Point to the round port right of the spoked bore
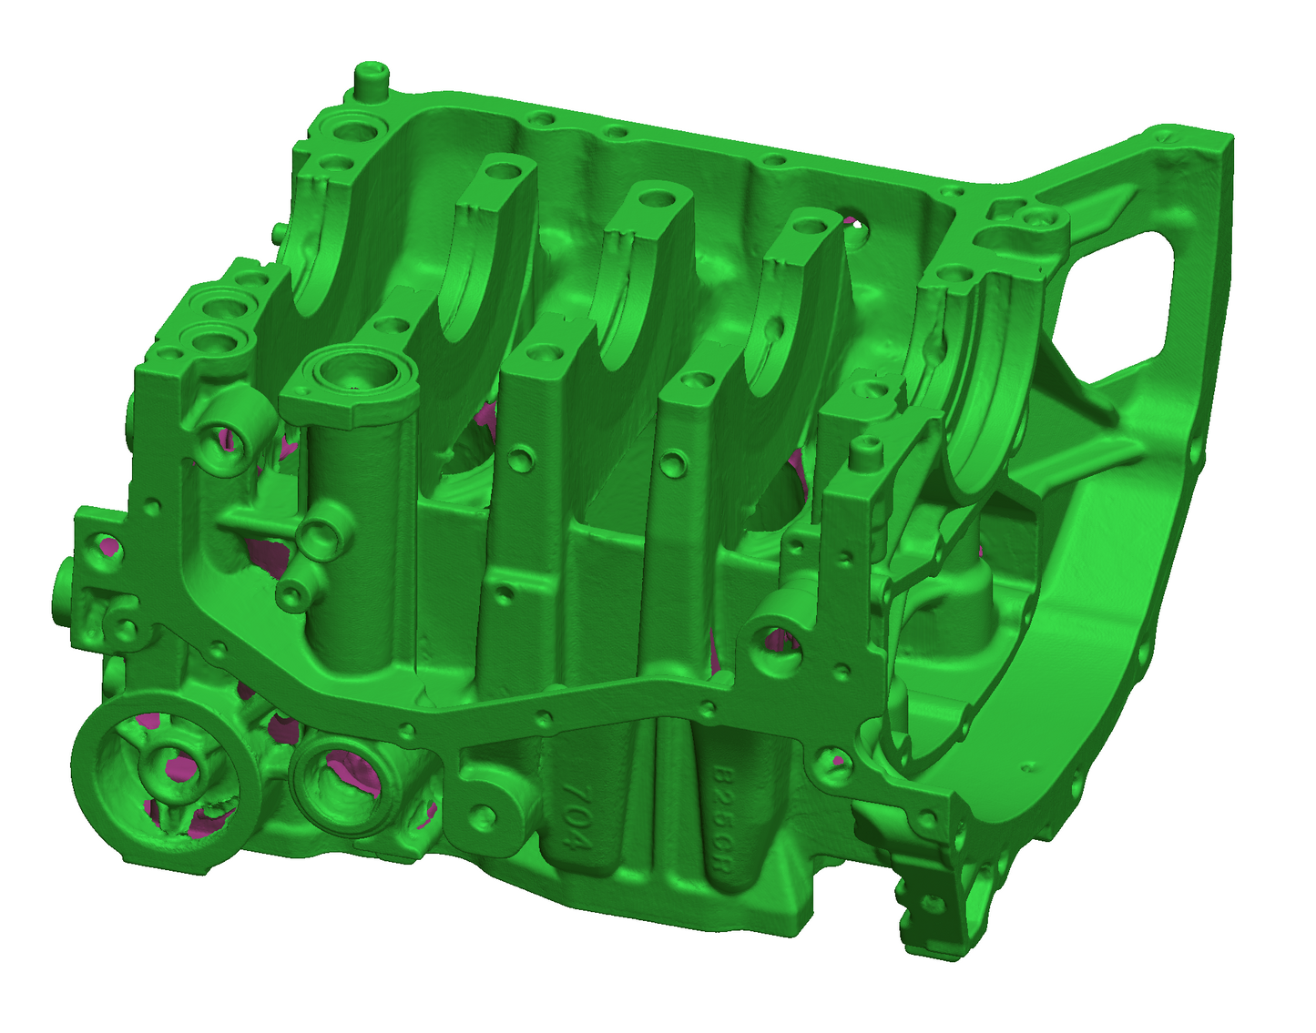[338, 779]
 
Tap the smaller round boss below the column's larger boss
[293, 596]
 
